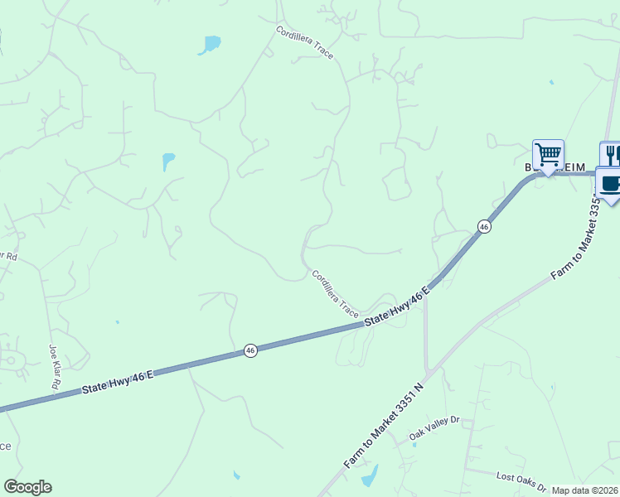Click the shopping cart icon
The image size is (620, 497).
click(x=548, y=154)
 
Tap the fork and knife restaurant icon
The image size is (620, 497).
click(x=612, y=154)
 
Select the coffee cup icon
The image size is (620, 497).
click(x=609, y=183)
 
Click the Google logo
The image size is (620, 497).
click(x=27, y=487)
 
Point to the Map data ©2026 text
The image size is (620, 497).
click(x=584, y=490)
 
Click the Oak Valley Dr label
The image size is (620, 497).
click(x=434, y=429)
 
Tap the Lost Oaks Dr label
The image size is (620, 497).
click(x=521, y=481)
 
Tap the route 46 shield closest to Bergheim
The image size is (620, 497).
click(x=483, y=226)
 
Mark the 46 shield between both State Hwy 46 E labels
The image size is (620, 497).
click(x=250, y=351)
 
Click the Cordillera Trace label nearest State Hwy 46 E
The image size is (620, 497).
click(x=335, y=294)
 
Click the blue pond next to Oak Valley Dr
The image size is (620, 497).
click(x=369, y=475)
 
